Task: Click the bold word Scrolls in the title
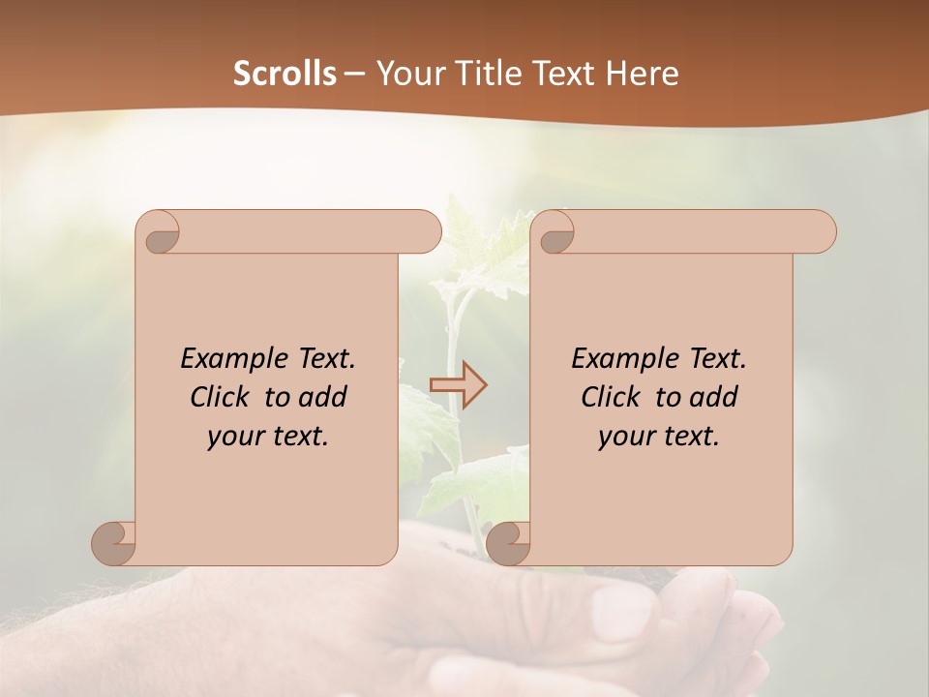285,74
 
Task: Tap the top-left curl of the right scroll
556,232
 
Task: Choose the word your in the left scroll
234,437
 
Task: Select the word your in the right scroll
625,437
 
